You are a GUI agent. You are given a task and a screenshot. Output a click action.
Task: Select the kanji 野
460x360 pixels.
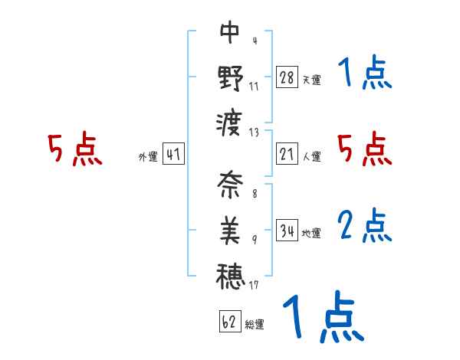[230, 78]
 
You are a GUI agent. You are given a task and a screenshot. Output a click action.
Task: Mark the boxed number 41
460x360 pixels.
[173, 154]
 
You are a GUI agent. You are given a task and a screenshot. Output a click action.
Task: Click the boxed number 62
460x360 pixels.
[229, 322]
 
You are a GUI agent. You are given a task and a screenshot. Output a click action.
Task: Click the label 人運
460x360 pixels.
[311, 156]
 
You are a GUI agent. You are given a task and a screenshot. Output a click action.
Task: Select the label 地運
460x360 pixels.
[311, 233]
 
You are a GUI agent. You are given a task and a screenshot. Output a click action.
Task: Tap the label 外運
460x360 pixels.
[147, 156]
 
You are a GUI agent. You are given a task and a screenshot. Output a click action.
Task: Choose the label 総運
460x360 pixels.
[254, 324]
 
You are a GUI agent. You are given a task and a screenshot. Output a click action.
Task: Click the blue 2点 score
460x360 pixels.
[365, 226]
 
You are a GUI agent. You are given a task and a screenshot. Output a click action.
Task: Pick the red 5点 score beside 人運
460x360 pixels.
[365, 149]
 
